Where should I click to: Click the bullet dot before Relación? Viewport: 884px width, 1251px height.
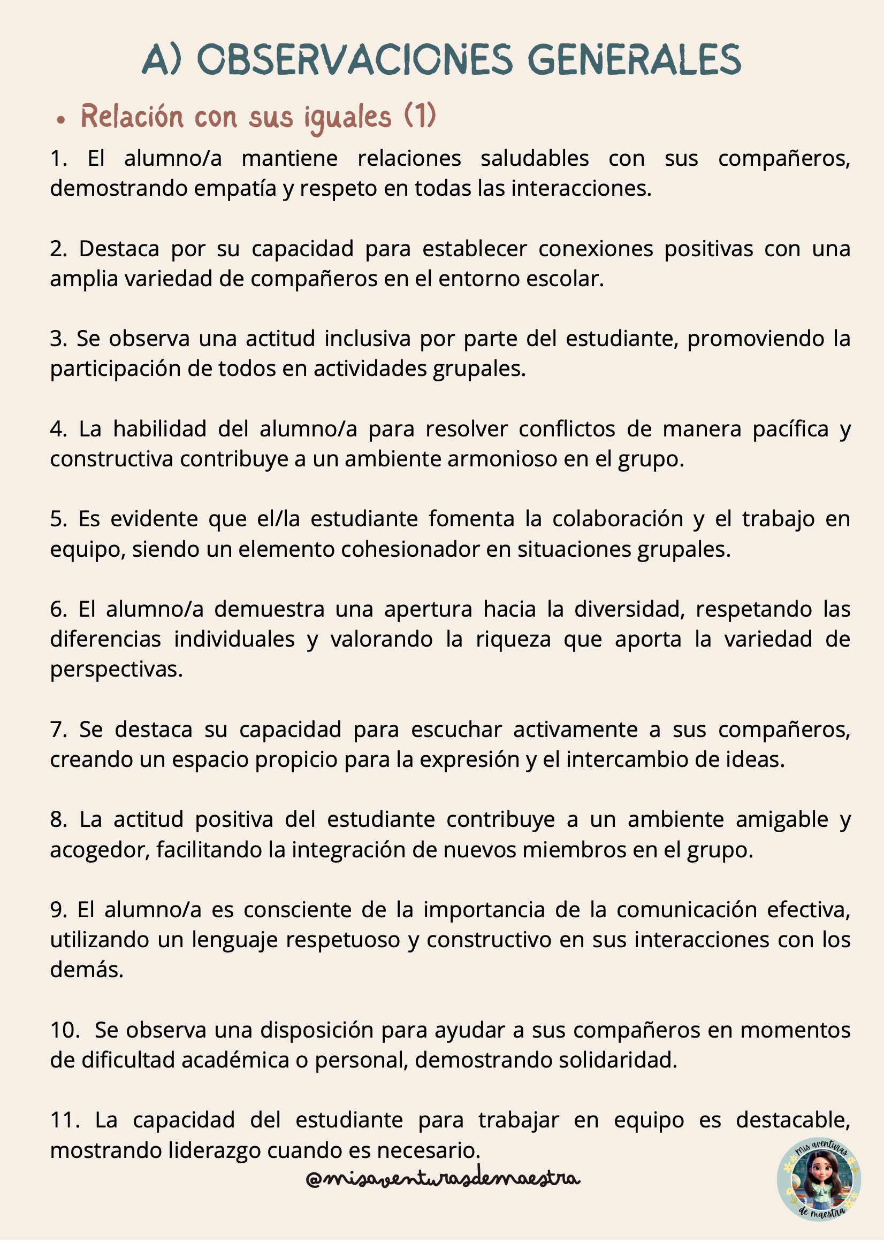tap(60, 120)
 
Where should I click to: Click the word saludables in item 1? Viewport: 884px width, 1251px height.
tap(534, 158)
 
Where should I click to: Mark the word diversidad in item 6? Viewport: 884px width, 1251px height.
tap(629, 609)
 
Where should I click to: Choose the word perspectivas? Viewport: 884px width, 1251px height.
tap(116, 670)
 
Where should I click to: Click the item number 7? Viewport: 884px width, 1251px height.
tap(58, 730)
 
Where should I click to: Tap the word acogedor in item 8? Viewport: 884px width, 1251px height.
tap(99, 850)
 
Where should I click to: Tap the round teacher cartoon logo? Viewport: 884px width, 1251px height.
tap(819, 1179)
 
